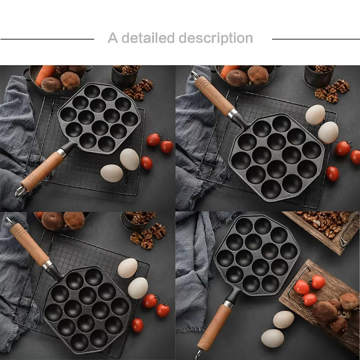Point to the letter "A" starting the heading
(x=112, y=38)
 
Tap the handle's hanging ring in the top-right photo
(x=194, y=75)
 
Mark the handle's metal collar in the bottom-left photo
(x=47, y=264)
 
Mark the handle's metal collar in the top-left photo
(x=61, y=153)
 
